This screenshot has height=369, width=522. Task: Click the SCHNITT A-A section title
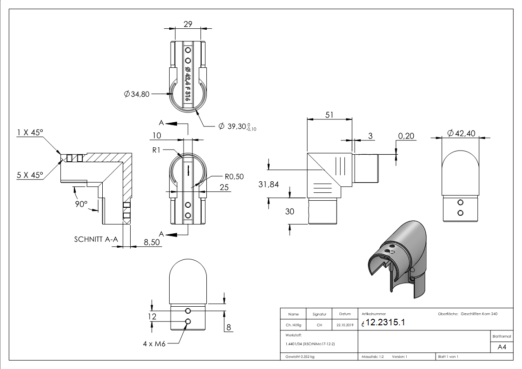point(96,240)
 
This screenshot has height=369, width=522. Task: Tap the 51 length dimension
point(329,115)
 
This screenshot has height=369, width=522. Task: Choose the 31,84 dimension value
point(268,184)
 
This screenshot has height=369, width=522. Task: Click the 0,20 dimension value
point(407,136)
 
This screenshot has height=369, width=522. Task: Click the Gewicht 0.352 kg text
point(300,356)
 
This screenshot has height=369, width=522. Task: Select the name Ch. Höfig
point(293,325)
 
